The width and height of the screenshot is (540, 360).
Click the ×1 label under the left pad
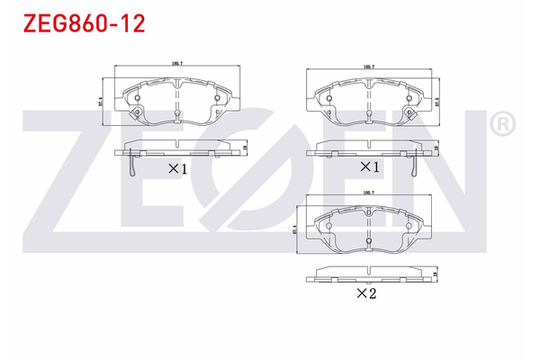pos(176,168)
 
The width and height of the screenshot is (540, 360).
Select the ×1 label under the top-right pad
pos(368,167)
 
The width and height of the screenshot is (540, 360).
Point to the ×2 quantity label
pos(366,293)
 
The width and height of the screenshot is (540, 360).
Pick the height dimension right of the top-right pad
pos(436,103)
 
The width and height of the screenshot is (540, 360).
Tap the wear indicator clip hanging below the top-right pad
pos(414,167)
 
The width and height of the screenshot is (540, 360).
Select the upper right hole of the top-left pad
pos(217,97)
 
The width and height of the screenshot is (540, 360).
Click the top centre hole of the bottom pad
pos(367,211)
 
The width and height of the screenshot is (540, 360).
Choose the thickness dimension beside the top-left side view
pos(245,147)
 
